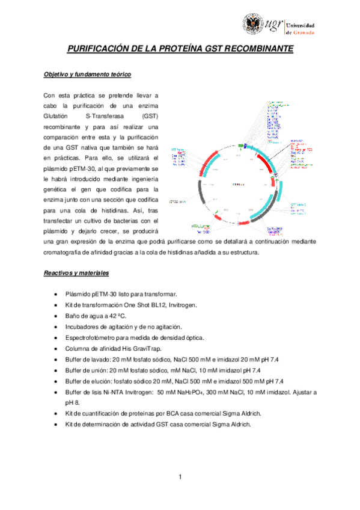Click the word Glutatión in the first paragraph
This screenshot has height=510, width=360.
57,114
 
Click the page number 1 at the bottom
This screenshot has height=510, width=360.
180,478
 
